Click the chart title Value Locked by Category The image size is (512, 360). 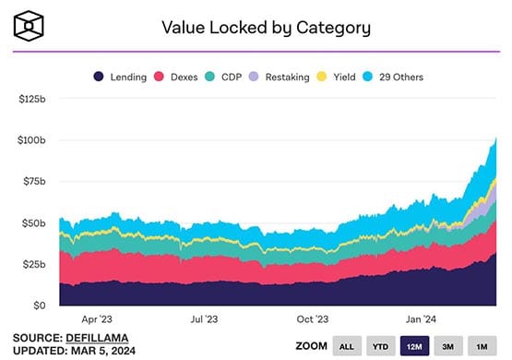click(x=266, y=27)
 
